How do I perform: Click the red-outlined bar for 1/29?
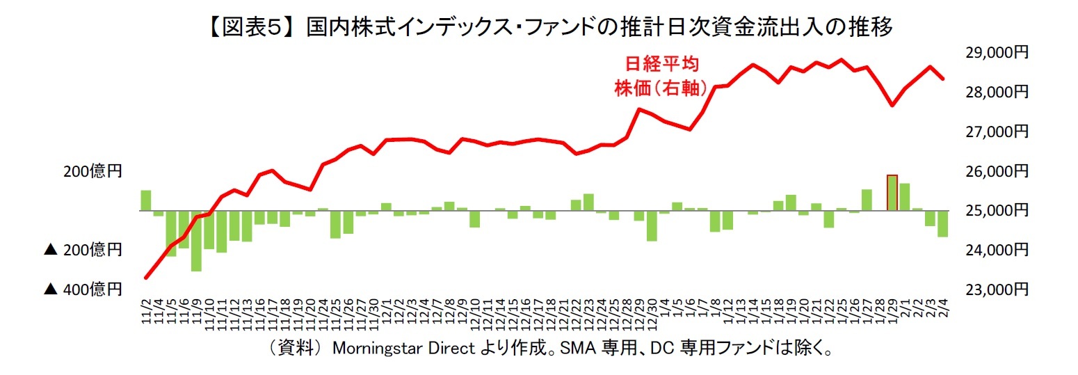point(892,193)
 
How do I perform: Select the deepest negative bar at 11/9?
point(196,240)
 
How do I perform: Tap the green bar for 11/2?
point(146,200)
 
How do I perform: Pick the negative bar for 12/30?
point(652,225)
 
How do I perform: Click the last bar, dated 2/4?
point(942,223)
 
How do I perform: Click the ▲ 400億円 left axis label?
point(83,289)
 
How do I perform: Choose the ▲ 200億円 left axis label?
point(83,249)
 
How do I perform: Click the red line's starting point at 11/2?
point(146,278)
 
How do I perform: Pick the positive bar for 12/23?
point(588,202)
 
